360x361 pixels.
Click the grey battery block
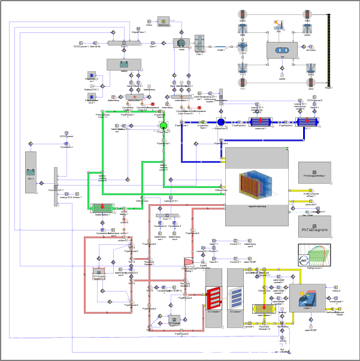pyautogui.click(x=124, y=65)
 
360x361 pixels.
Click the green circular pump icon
pyautogui.click(x=162, y=125)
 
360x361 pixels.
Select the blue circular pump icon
pyautogui.click(x=220, y=122)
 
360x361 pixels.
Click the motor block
pyautogui.click(x=181, y=43)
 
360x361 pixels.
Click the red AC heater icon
pyautogui.click(x=214, y=297)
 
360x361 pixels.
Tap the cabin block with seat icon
pyautogui.click(x=307, y=298)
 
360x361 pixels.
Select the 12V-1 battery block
pyautogui.click(x=31, y=172)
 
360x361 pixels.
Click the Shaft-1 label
pyautogui.click(x=221, y=50)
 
